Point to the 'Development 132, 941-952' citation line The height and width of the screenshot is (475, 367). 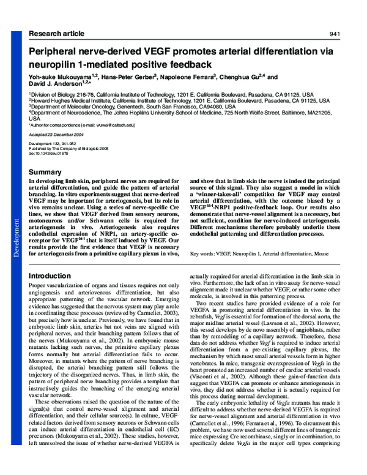tap(54, 143)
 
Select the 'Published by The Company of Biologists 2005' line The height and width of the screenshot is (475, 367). tap(67, 148)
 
